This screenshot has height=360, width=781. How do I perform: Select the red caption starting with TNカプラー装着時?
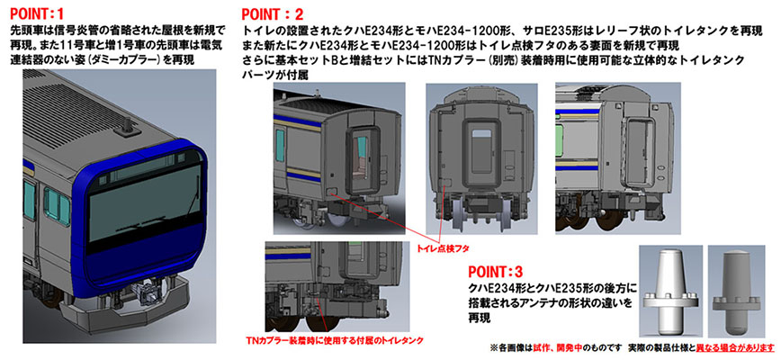coord(334,341)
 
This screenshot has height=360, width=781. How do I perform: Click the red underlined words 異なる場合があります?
coord(733,347)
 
